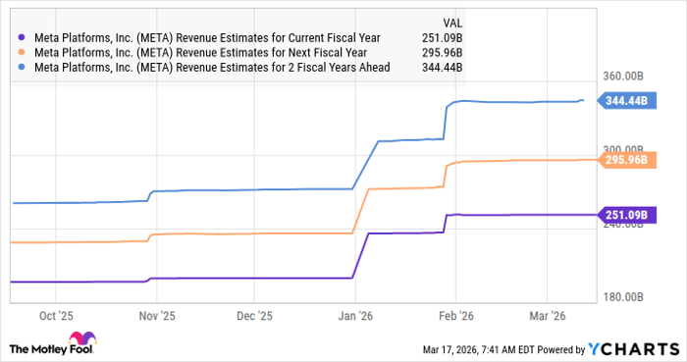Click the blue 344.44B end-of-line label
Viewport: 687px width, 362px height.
[624, 101]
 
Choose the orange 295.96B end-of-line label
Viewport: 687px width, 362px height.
[624, 160]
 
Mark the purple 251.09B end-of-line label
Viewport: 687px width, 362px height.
[624, 215]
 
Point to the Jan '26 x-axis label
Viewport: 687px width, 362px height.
[354, 316]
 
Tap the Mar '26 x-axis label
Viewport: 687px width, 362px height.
[547, 316]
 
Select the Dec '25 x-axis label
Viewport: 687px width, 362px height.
[254, 316]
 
